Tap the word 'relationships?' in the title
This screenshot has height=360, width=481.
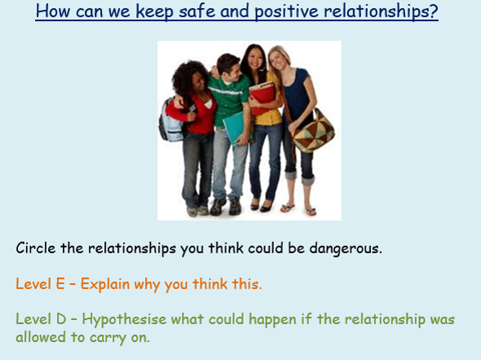click(x=381, y=12)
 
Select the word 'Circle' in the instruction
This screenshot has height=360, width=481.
click(x=36, y=248)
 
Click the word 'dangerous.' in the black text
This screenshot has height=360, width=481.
click(x=346, y=248)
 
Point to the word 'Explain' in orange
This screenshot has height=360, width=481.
click(x=105, y=284)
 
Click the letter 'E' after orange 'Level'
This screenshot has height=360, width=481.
click(x=60, y=283)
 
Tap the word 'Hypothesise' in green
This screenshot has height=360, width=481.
click(x=124, y=320)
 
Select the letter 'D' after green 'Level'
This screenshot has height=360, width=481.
click(x=61, y=319)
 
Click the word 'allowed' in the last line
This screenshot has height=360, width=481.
click(x=41, y=337)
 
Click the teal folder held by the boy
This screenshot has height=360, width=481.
click(x=234, y=127)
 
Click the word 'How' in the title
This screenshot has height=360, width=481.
click(x=53, y=11)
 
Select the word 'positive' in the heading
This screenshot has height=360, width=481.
click(x=286, y=12)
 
